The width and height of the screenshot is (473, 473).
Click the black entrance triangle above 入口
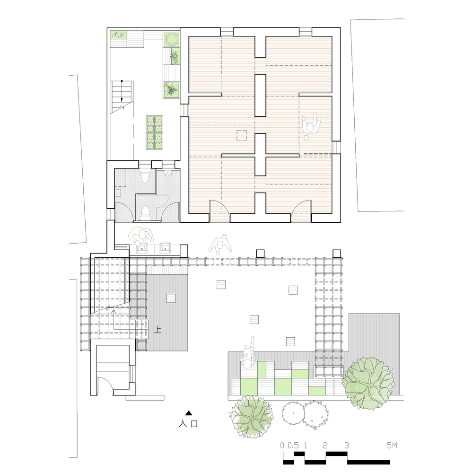point(188,412)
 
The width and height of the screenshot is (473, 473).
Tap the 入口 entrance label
point(188,424)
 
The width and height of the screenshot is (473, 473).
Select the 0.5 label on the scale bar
point(293,446)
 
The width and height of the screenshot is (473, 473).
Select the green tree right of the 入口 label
point(252,415)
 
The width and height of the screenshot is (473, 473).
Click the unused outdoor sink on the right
point(166,247)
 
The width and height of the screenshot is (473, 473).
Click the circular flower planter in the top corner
point(172,39)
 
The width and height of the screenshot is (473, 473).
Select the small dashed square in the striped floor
point(242,135)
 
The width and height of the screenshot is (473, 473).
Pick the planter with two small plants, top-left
point(118,35)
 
